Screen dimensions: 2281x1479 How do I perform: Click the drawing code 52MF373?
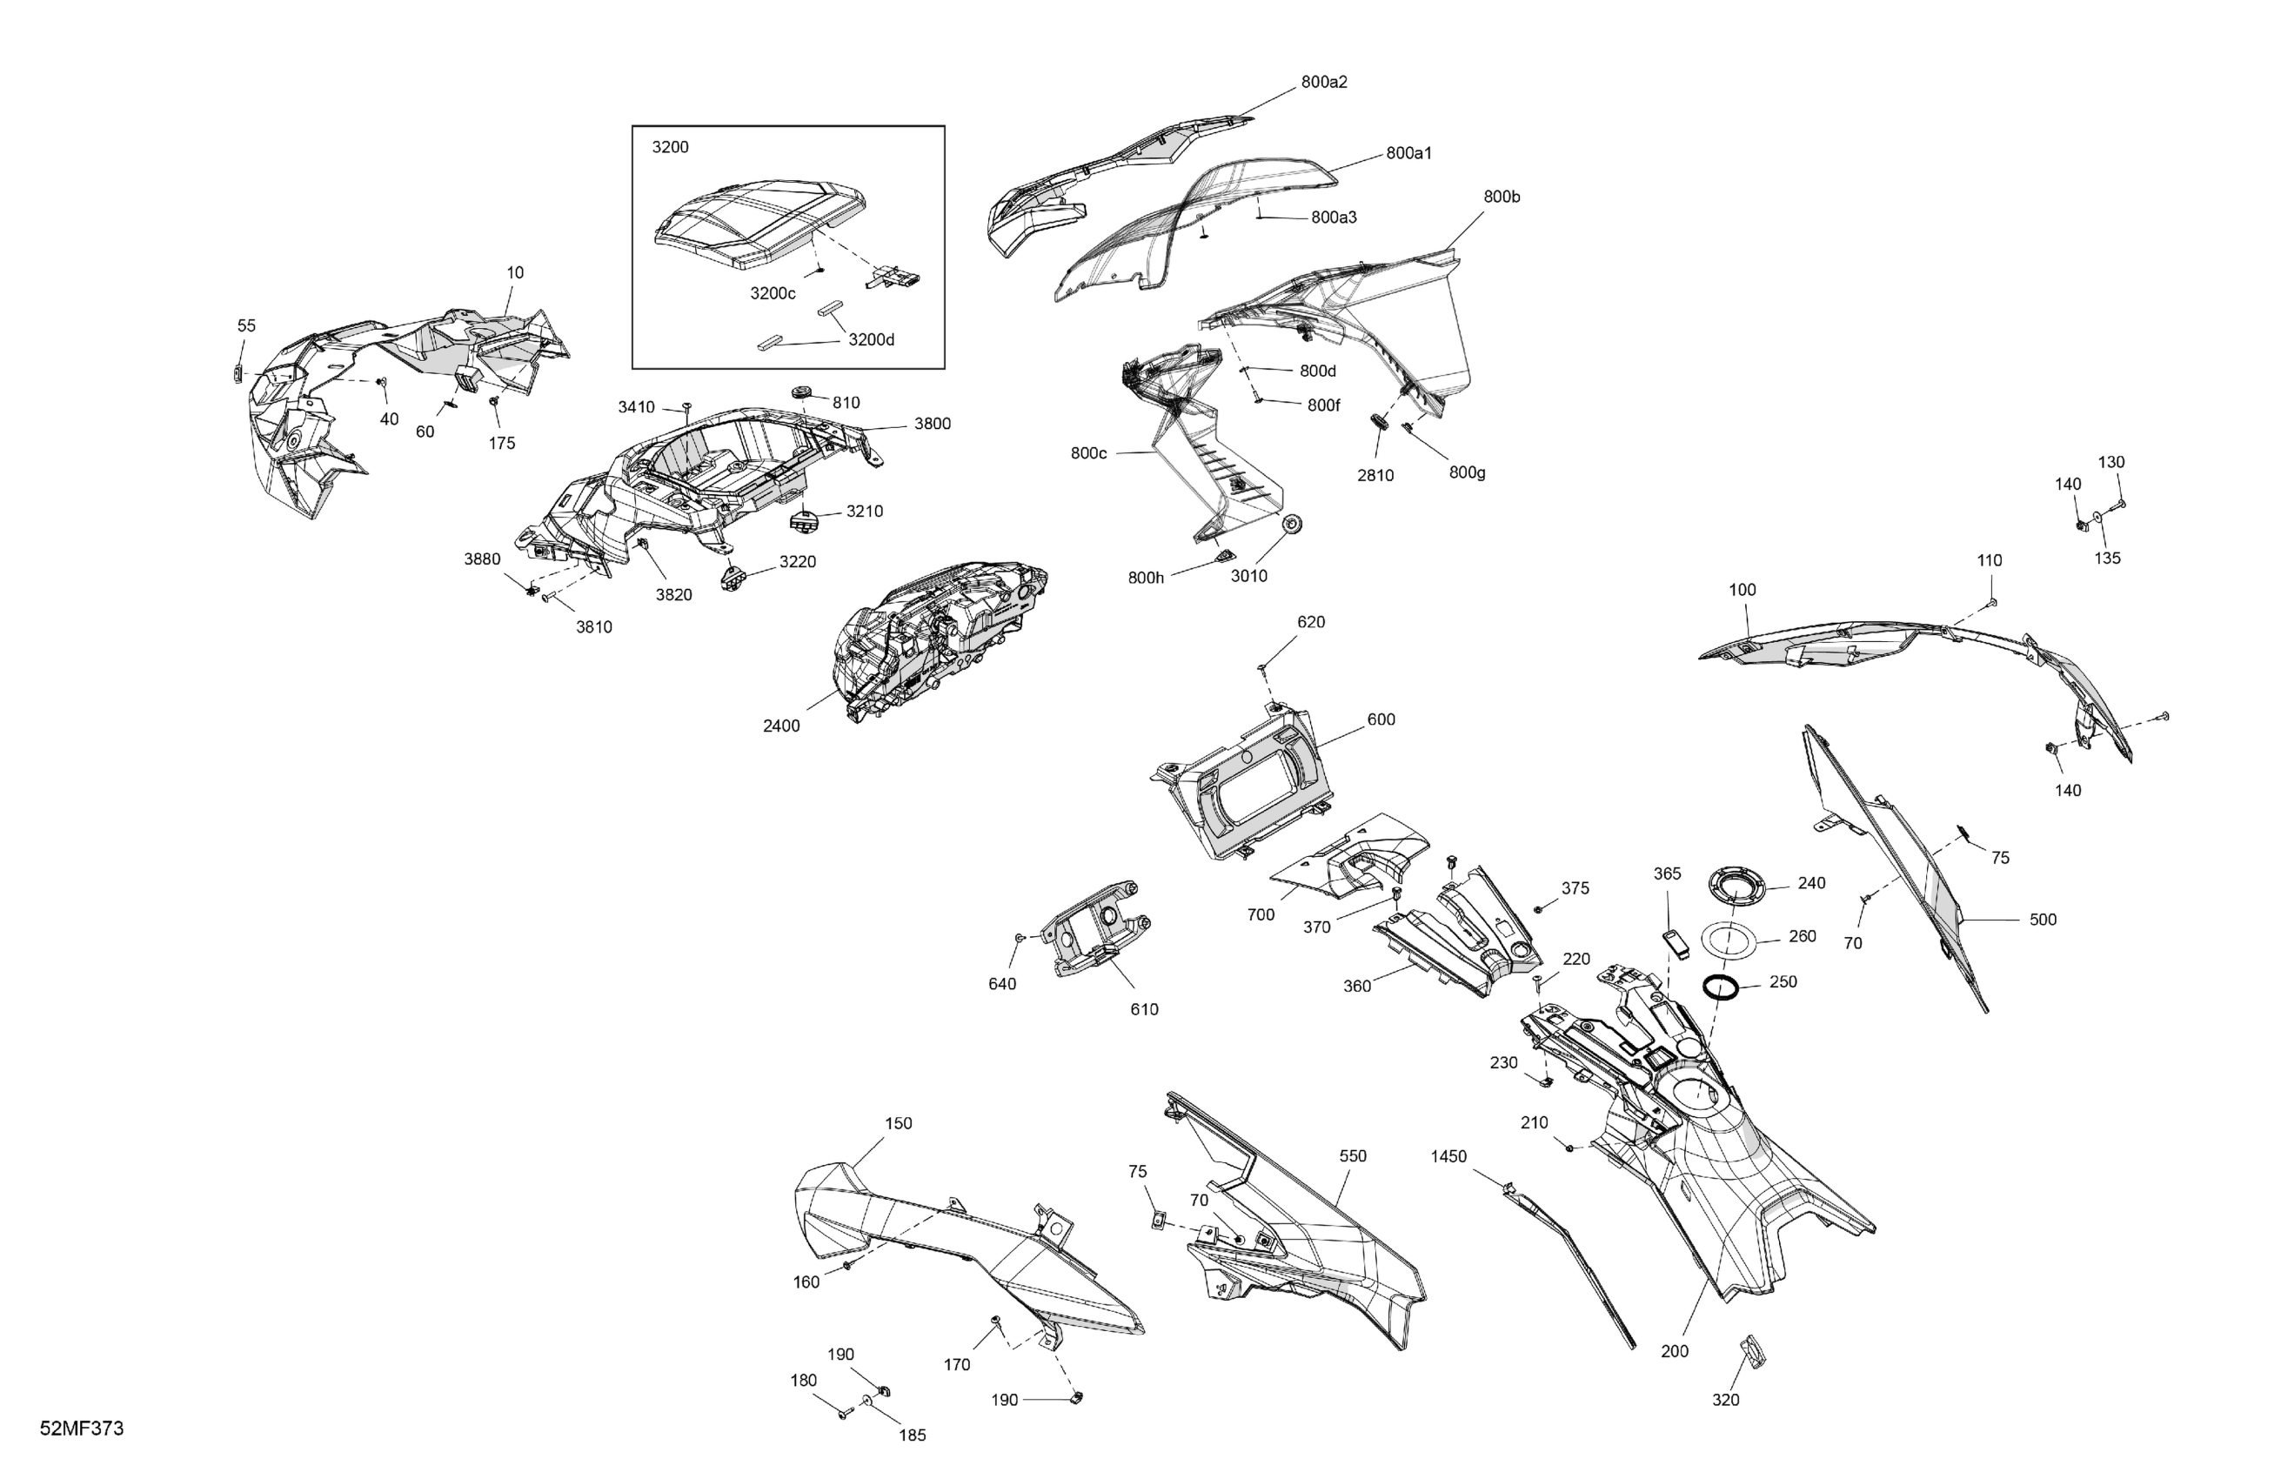pyautogui.click(x=82, y=1429)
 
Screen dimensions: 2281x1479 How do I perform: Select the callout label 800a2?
pyautogui.click(x=1323, y=83)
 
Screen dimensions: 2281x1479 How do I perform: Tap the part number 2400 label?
pyautogui.click(x=781, y=726)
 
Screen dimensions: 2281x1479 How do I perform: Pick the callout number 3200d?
pyautogui.click(x=871, y=340)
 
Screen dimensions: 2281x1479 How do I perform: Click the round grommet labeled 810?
pyautogui.click(x=802, y=393)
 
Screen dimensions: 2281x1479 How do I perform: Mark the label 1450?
pyautogui.click(x=1448, y=1157)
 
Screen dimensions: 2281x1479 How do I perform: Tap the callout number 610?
pyautogui.click(x=1144, y=1009)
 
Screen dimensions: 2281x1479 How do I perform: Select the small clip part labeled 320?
pyautogui.click(x=1752, y=1349)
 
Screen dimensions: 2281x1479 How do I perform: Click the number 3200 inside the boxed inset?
pyautogui.click(x=670, y=148)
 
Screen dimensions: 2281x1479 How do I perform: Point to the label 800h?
pyautogui.click(x=1146, y=578)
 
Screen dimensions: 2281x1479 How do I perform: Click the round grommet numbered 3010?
pyautogui.click(x=1292, y=525)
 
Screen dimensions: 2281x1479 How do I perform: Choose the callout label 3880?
pyautogui.click(x=482, y=559)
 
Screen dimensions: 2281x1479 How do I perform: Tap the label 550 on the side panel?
pyautogui.click(x=1352, y=1157)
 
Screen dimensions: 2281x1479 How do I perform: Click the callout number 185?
pyautogui.click(x=913, y=1435)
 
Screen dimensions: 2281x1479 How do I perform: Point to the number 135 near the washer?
pyautogui.click(x=2106, y=558)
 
